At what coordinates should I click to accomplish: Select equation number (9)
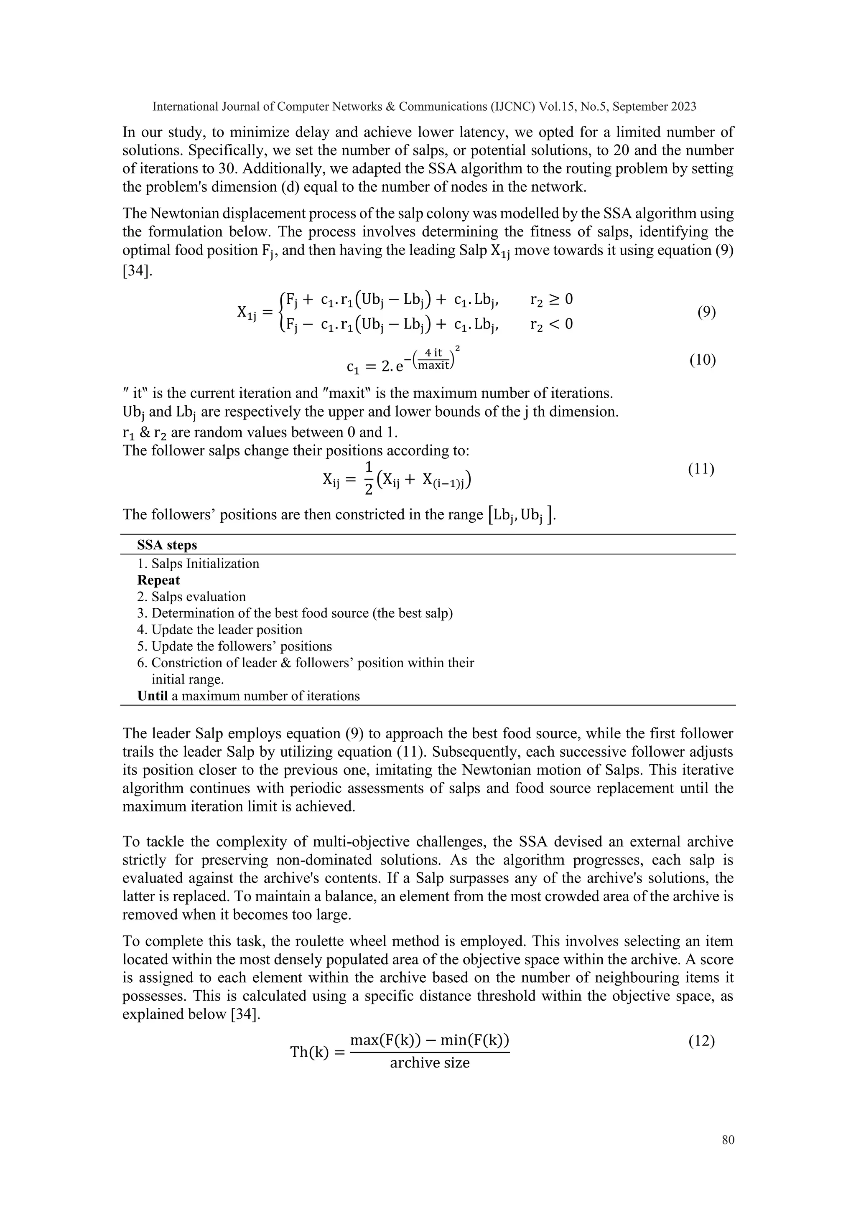click(x=706, y=313)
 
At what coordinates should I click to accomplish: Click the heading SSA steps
click(x=167, y=545)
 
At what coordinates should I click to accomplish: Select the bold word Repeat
click(x=159, y=580)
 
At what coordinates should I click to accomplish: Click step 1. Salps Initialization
click(x=198, y=563)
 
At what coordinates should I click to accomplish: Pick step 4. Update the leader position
click(x=220, y=630)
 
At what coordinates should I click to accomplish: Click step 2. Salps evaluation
click(x=192, y=597)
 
